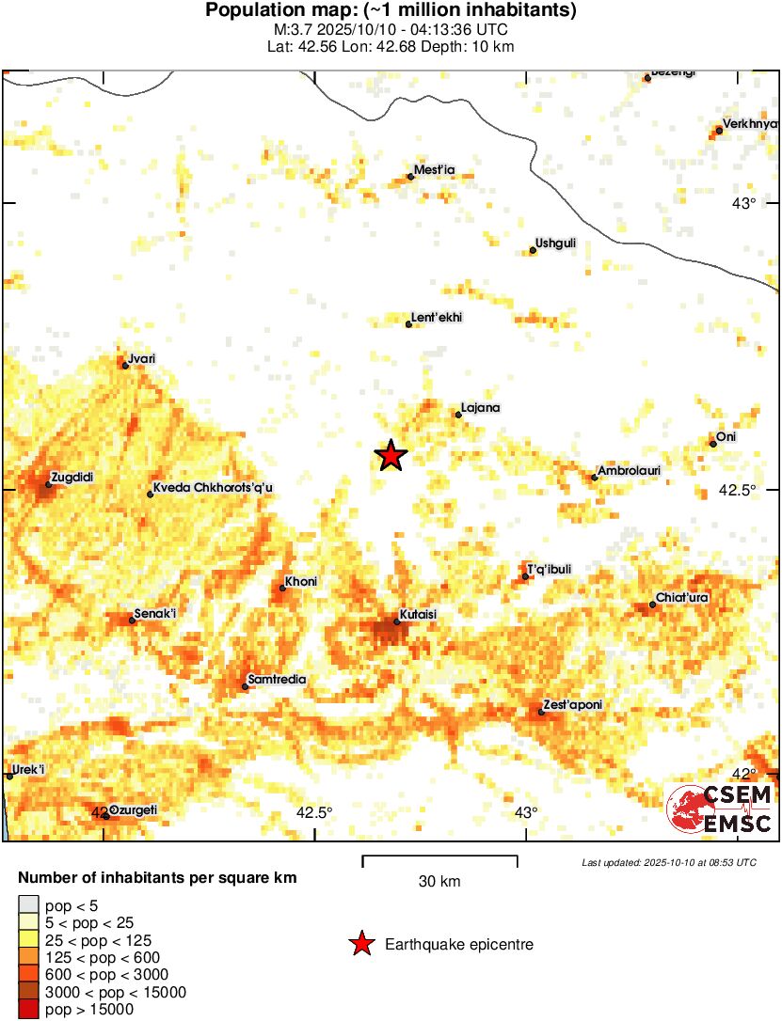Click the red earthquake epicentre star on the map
pos(391,456)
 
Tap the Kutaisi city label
pos(419,614)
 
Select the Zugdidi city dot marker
pos(48,485)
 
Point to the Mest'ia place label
pos(435,170)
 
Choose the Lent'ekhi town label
pos(438,318)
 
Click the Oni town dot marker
pos(713,444)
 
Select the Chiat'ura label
pos(682,598)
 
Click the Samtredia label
pos(276,680)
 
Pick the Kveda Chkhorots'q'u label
pos(213,488)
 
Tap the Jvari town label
pos(142,358)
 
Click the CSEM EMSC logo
pos(720,809)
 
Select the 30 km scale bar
pos(439,858)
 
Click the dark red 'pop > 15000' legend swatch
pos(28,1010)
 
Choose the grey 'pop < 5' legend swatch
pos(28,905)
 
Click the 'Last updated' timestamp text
pos(668,862)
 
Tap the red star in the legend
pos(360,945)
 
